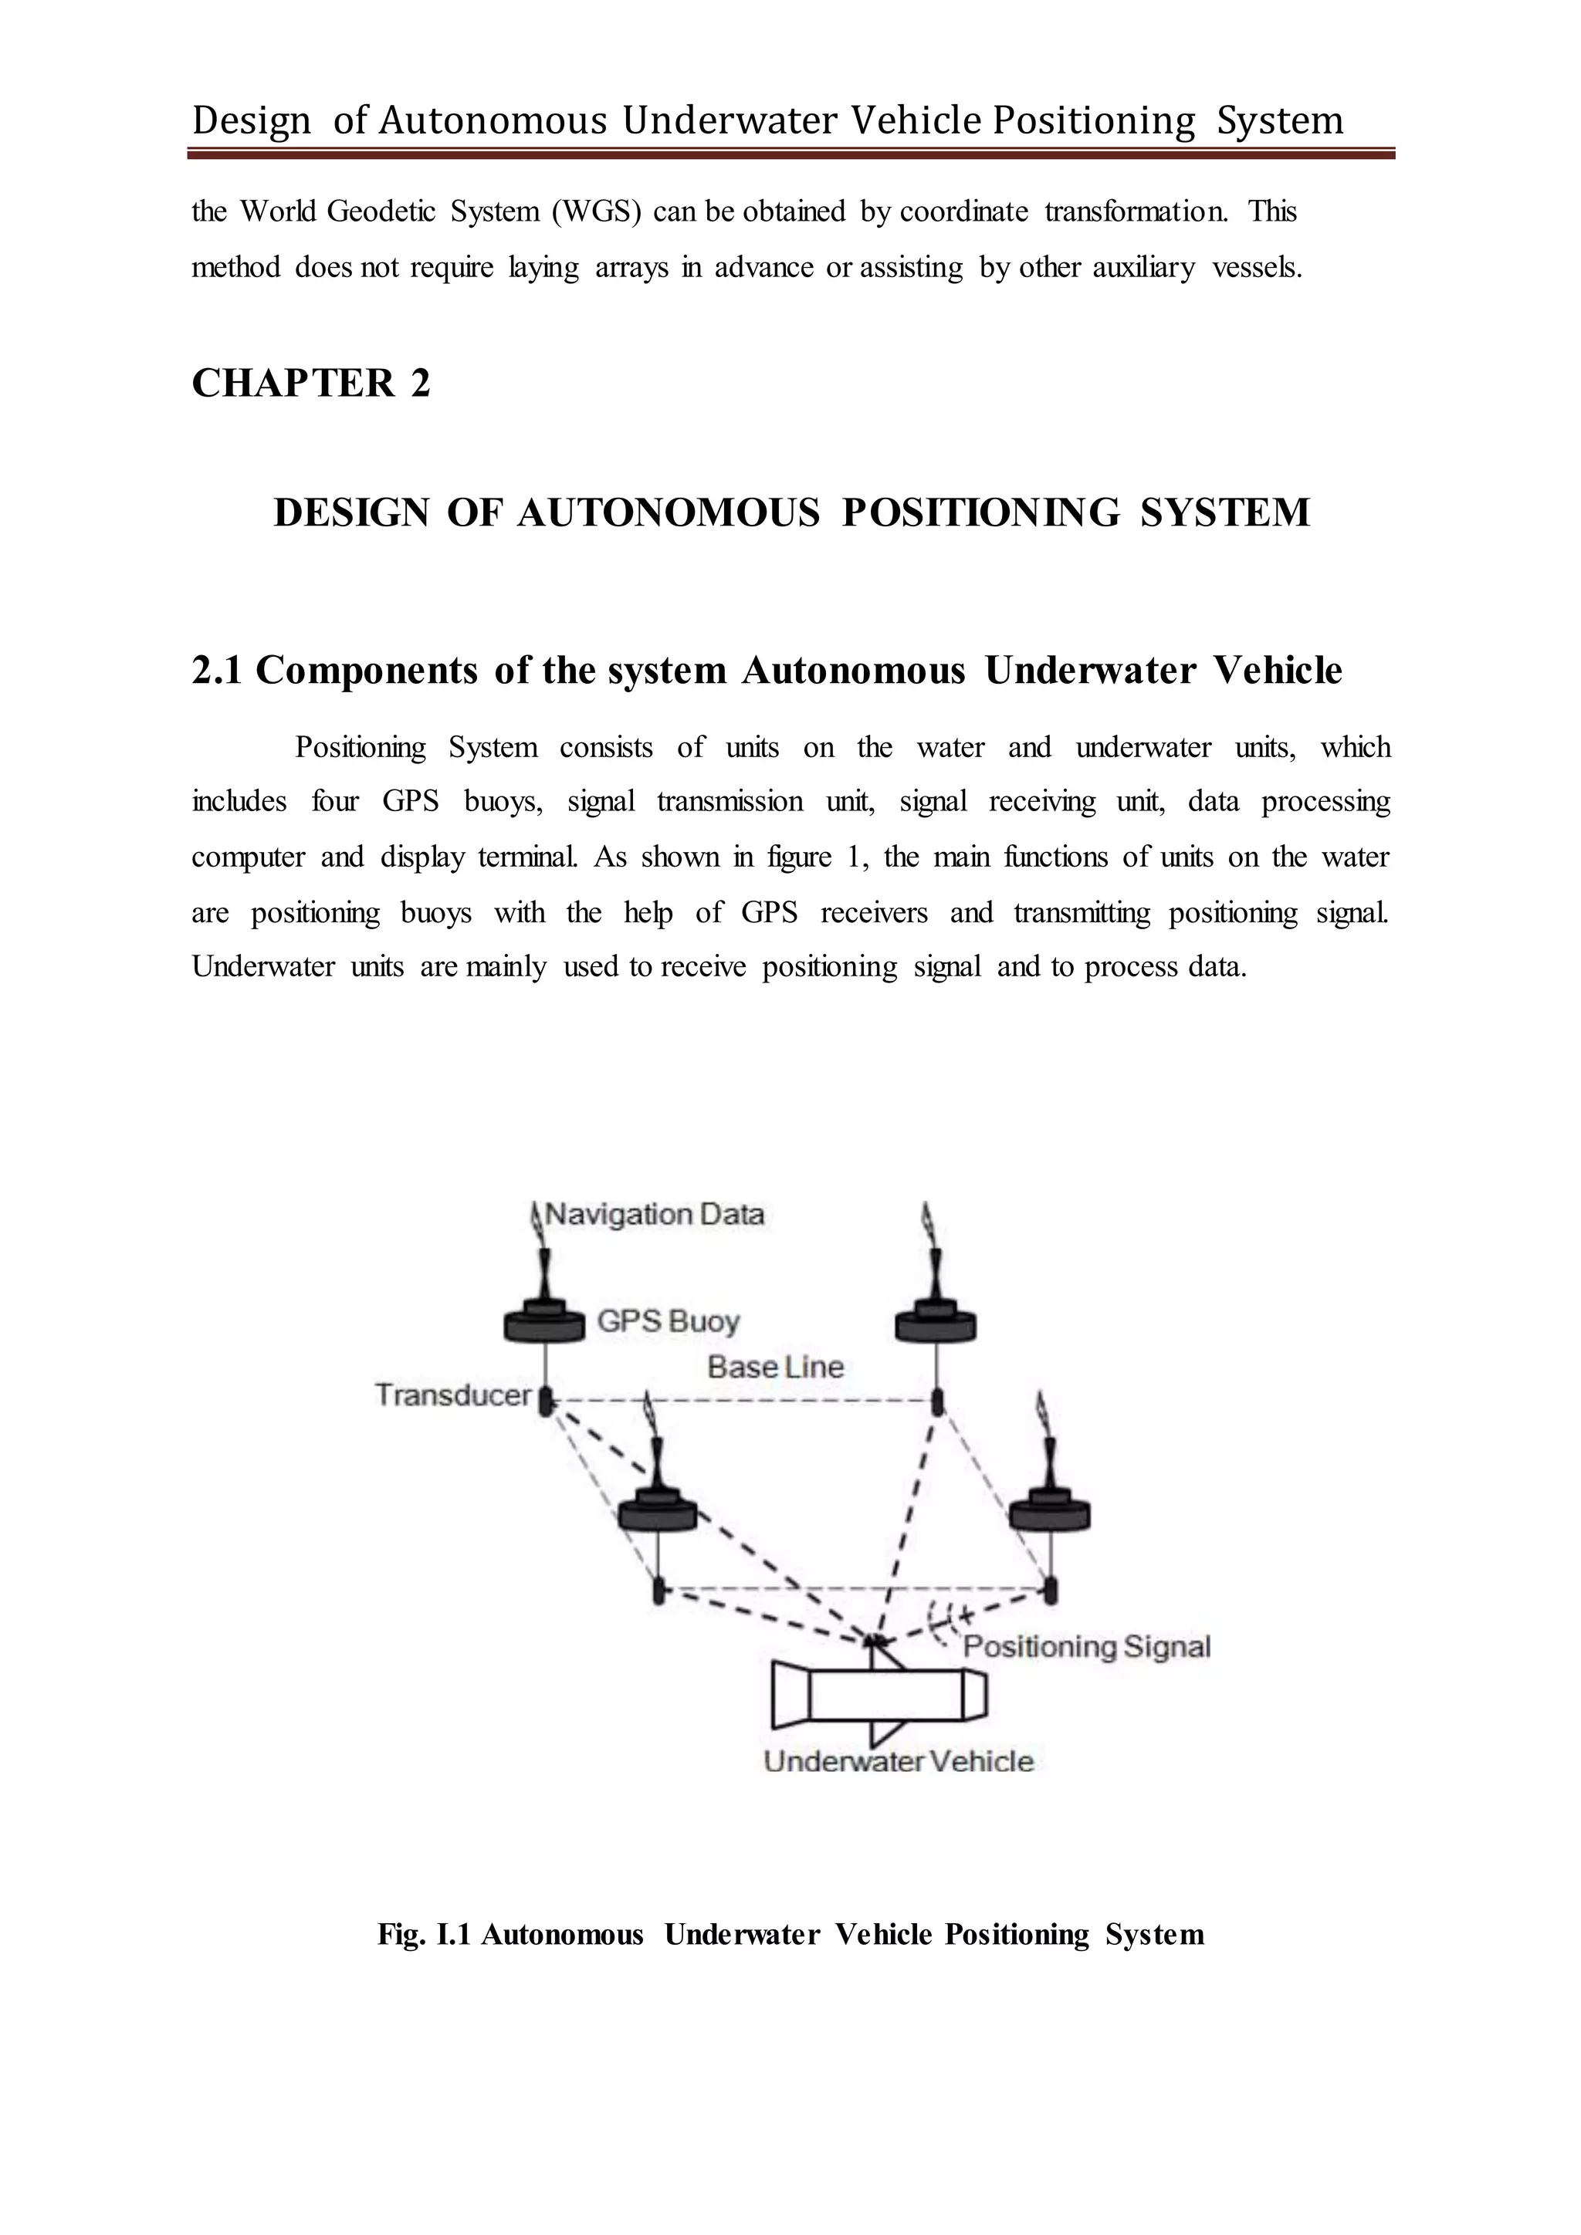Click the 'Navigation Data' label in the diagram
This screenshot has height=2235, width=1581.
654,1215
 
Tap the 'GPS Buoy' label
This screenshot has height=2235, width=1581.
668,1322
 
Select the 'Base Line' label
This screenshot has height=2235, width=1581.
775,1367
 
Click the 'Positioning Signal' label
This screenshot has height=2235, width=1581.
1086,1647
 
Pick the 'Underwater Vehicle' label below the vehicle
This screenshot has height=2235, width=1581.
898,1762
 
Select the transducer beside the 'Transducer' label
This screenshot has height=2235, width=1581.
546,1402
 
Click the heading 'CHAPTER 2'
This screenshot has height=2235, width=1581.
310,384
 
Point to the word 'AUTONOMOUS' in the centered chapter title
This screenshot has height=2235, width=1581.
668,513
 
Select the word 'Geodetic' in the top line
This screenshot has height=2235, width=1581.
381,211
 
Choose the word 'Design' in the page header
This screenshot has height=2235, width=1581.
251,120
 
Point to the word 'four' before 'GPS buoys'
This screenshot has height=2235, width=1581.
335,802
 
